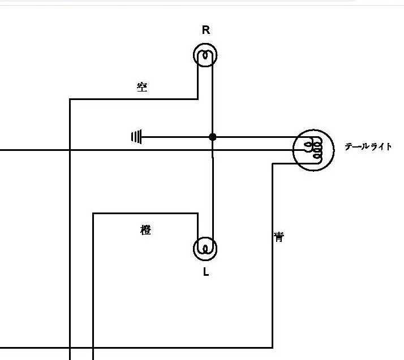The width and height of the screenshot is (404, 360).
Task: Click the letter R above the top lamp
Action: pos(206,30)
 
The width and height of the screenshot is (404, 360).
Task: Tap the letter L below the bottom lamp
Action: pos(206,272)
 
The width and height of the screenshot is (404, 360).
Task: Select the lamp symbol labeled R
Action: pos(205,55)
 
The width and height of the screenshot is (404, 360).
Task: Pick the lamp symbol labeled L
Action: pos(205,249)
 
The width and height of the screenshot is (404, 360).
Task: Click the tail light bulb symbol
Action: pos(313,150)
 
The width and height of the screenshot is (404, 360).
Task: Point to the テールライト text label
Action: pos(368,147)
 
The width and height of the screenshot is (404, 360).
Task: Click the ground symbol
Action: pos(136,137)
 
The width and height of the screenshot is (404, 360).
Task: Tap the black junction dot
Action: pos(213,137)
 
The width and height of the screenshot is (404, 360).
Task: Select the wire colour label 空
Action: pos(142,87)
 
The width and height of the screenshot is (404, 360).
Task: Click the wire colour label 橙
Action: pos(145,230)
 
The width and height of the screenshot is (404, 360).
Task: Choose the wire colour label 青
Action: pos(279,237)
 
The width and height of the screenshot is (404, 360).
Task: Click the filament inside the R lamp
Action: pos(205,55)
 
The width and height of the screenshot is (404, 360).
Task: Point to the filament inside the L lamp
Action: pos(205,249)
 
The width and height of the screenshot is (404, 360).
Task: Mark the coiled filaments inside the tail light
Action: pos(313,149)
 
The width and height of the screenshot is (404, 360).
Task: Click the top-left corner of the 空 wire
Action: pos(70,99)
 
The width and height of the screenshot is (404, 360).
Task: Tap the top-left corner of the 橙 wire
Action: pos(93,213)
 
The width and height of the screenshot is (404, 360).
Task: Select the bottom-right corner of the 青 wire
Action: pos(273,348)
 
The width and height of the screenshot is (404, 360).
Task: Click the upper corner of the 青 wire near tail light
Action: pos(273,164)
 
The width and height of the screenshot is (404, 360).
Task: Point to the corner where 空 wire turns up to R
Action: pos(197,99)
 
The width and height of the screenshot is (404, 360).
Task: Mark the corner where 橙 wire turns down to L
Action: pos(197,213)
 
